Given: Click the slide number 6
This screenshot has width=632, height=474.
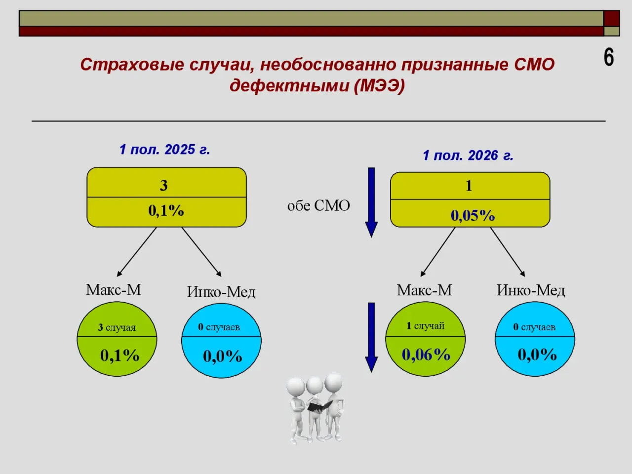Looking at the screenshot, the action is point(609,58).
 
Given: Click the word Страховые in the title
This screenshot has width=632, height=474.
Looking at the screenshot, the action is point(132,65).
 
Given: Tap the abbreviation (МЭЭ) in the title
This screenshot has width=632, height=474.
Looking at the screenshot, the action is point(379,86).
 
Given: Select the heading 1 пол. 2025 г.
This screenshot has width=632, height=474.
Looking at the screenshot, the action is point(165,150).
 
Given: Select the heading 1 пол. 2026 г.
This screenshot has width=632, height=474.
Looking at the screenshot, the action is point(468,156).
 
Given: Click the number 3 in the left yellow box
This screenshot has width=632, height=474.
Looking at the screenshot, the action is point(163,186).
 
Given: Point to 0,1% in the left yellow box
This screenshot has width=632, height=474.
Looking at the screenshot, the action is point(166,211).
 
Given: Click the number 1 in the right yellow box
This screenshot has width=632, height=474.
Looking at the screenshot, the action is point(469,186).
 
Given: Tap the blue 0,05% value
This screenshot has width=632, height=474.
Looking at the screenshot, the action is point(473,216).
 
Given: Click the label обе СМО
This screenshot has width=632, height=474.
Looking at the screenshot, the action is point(319,206).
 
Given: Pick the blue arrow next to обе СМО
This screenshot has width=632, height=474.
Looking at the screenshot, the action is point(371,202).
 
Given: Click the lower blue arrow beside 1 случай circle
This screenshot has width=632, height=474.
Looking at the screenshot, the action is point(371,338).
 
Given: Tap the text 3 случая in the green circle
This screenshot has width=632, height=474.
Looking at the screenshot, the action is point(117,327).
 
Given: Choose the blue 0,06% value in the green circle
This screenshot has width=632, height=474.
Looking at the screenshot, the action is point(426,355).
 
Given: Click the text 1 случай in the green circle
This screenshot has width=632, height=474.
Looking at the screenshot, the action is point(425,326).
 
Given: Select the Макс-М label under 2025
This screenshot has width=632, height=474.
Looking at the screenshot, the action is point(114,290).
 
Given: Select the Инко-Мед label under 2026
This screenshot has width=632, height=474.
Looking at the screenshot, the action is point(531,290).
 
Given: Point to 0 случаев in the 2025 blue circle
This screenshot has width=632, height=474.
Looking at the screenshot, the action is point(219,327).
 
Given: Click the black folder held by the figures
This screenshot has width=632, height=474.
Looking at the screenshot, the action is point(320,406).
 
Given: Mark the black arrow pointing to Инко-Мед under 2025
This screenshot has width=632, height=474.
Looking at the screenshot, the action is point(201,252).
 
